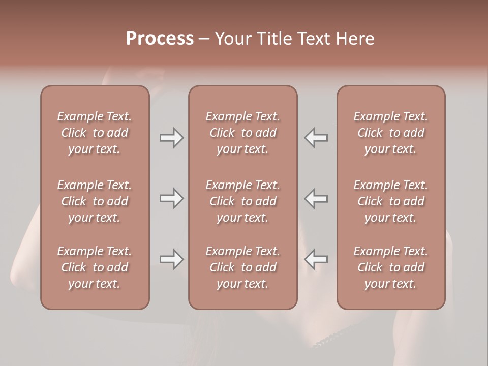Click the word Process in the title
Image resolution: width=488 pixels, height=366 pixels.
[160, 39]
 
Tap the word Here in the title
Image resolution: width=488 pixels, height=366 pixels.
[355, 39]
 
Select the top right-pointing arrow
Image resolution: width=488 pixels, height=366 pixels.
[171, 138]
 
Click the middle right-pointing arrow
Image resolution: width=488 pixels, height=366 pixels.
[171, 198]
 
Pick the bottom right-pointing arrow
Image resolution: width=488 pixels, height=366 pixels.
[171, 259]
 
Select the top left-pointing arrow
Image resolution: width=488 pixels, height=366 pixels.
[316, 138]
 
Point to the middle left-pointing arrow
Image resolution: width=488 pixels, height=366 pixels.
[316, 198]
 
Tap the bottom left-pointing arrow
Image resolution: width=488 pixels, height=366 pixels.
[316, 259]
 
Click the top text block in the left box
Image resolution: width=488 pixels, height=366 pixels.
[95, 133]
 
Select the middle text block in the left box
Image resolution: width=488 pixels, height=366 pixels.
[95, 201]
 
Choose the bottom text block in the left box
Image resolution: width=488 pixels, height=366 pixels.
[95, 267]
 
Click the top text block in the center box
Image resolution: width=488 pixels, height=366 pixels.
[242, 133]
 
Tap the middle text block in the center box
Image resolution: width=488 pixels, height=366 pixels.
[242, 201]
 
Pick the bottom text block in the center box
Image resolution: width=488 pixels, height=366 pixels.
[242, 267]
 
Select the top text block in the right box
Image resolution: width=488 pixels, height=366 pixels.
[390, 133]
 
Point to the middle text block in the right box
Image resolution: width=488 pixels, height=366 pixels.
[390, 201]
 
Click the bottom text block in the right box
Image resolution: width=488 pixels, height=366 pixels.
[390, 267]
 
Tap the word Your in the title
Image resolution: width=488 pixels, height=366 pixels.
[233, 39]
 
